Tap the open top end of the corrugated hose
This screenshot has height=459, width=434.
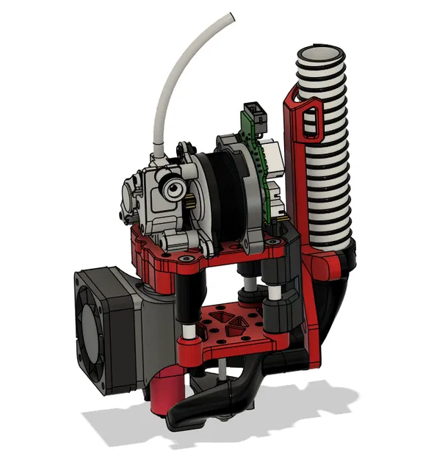[x=321, y=55]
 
